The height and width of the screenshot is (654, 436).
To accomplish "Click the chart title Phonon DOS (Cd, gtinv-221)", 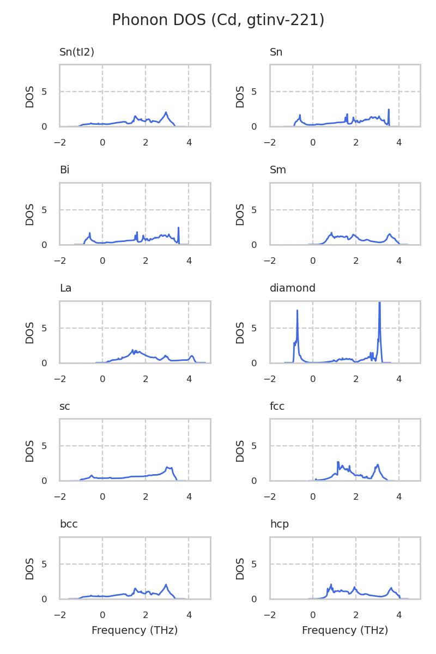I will click(218, 20).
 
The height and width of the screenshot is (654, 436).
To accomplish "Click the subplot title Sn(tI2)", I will click(77, 52).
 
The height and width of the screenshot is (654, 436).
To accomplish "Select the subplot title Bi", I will click(64, 170).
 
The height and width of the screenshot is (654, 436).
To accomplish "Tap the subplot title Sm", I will click(278, 170).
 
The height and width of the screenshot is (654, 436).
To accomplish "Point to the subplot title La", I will click(65, 288).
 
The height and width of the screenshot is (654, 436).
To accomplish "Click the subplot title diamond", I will click(293, 288).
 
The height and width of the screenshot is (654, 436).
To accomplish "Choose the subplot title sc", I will click(65, 407).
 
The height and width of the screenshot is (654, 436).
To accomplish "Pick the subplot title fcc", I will click(277, 407).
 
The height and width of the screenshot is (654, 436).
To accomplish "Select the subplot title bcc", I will click(69, 524).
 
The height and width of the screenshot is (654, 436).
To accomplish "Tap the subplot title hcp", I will click(280, 524).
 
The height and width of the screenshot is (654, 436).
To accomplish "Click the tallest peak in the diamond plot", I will click(379, 304).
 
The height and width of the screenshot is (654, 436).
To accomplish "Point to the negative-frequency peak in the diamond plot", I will click(297, 311).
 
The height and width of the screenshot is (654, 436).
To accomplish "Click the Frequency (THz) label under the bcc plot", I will click(135, 631).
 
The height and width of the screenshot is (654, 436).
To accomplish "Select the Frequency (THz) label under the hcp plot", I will click(345, 631).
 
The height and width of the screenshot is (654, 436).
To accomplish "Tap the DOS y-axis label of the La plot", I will click(30, 332).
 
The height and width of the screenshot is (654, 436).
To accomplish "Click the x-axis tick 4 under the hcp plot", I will click(399, 615).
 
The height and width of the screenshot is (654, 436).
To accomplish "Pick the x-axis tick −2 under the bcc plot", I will click(59, 615).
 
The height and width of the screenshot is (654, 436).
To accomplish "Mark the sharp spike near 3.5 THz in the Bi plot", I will click(178, 228).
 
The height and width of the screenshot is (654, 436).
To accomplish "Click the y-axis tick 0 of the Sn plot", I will click(255, 126).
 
